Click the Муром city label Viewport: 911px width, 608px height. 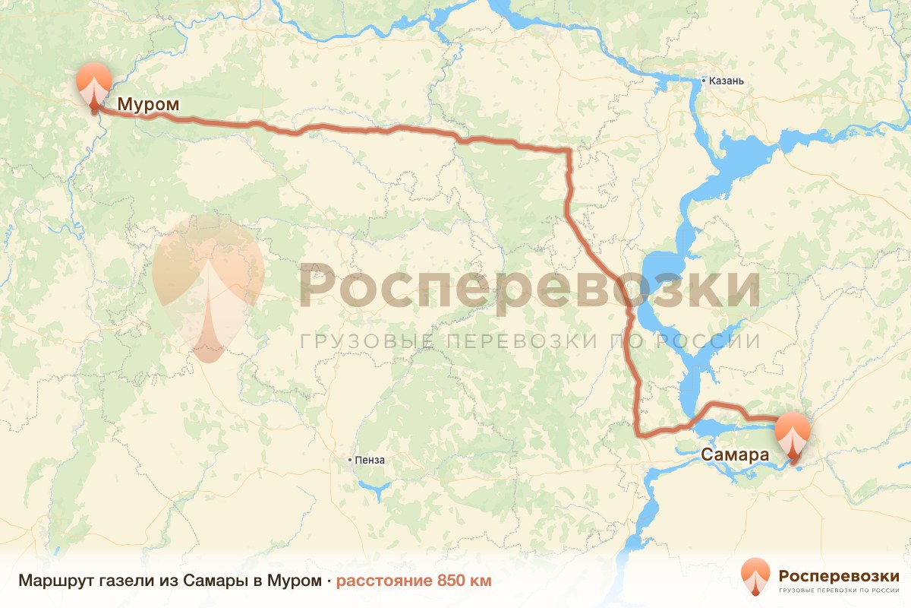[148, 105]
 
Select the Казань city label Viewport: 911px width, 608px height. [729, 81]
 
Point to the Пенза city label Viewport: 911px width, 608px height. [370, 460]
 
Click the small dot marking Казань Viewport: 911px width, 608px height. [704, 81]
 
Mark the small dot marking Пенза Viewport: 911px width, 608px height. [349, 460]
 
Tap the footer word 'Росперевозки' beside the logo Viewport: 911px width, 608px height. [839, 574]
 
